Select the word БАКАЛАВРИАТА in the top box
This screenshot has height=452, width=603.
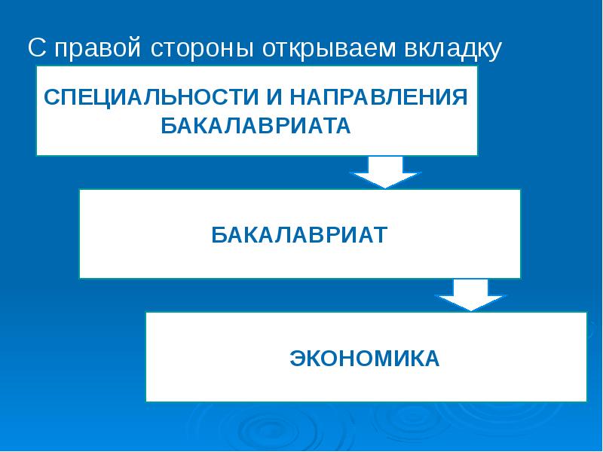click(x=256, y=126)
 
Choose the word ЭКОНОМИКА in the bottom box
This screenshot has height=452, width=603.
click(x=365, y=358)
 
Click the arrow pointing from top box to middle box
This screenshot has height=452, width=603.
click(x=385, y=172)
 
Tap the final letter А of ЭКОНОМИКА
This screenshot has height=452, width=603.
click(x=431, y=358)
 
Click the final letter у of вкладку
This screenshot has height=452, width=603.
click(x=495, y=51)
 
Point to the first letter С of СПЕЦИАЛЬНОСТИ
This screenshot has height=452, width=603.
click(x=51, y=96)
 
